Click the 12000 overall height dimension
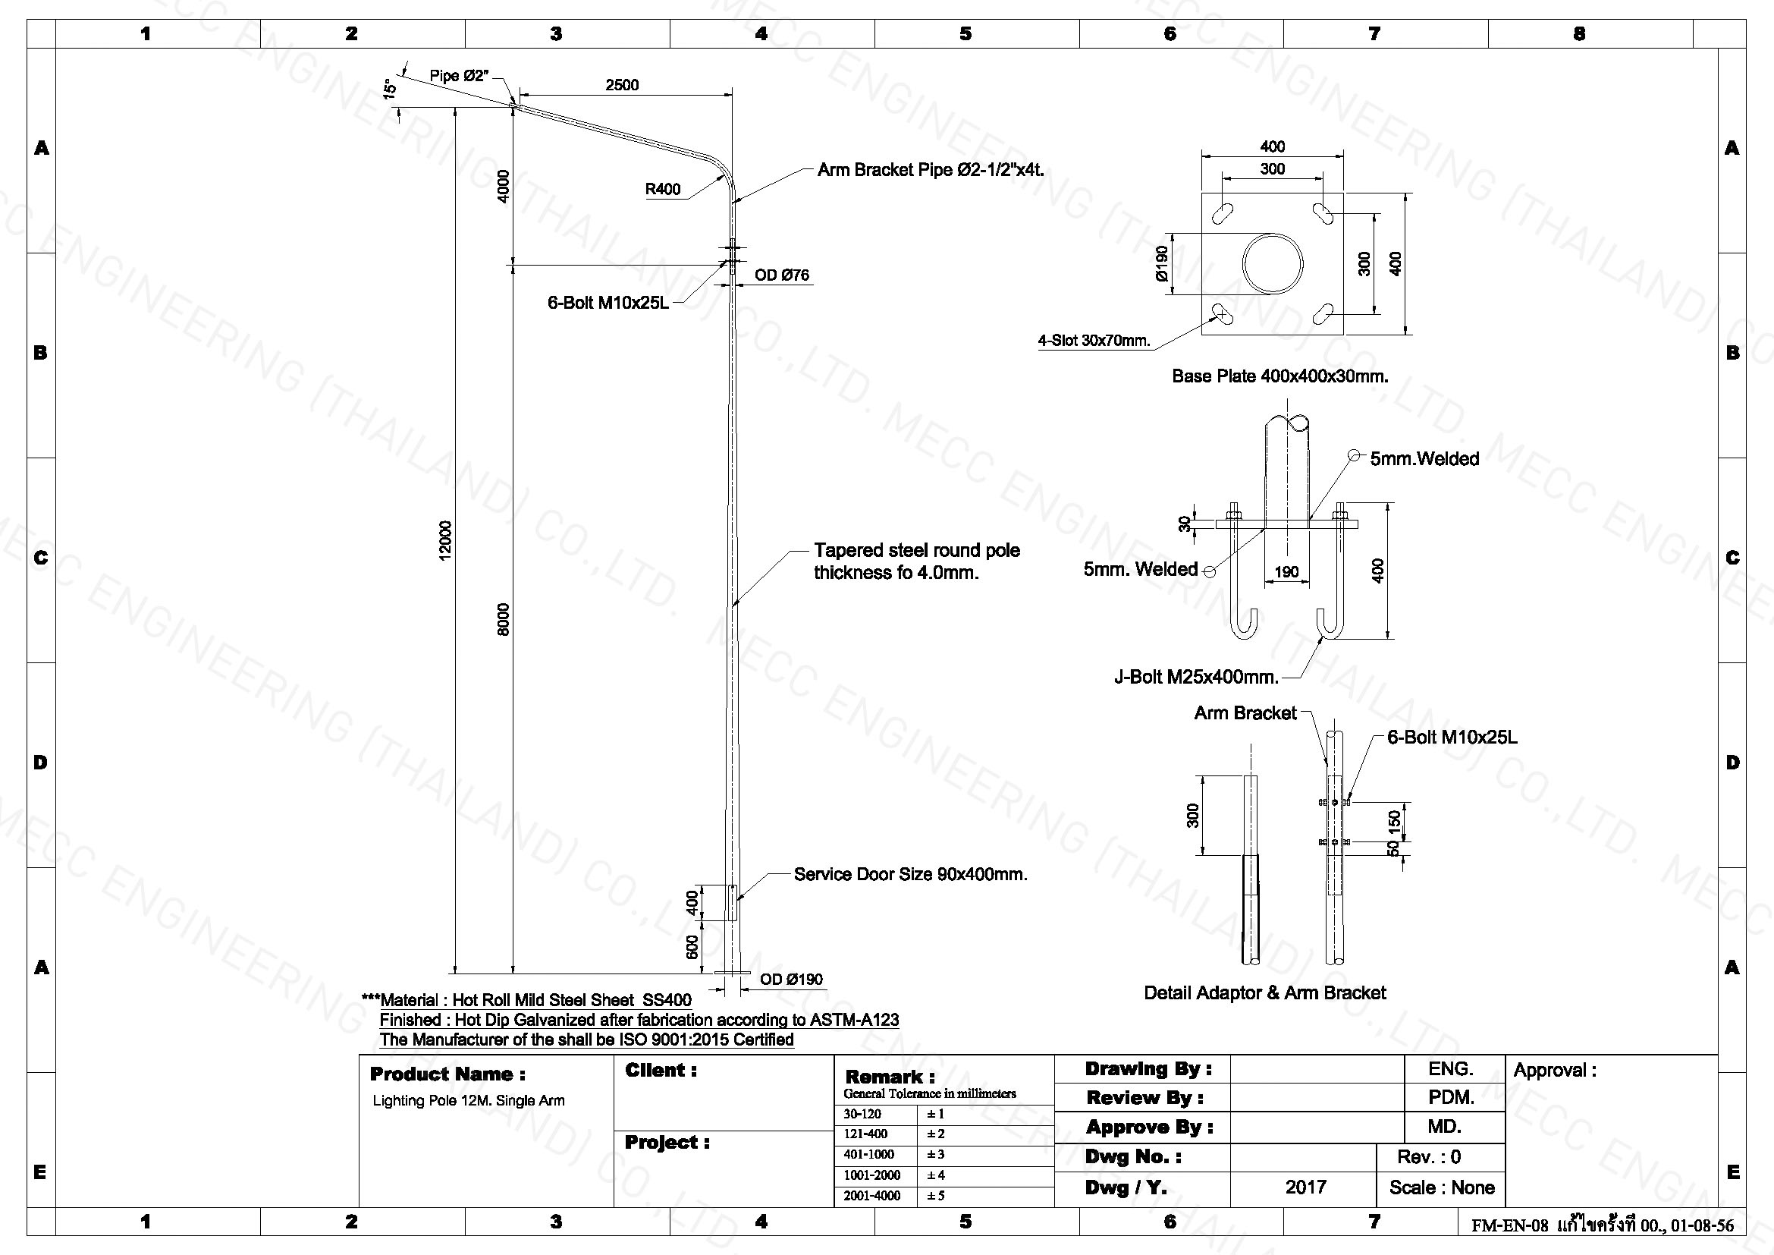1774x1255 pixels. click(444, 541)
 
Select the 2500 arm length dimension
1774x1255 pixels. click(622, 85)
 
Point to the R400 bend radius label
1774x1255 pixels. click(663, 190)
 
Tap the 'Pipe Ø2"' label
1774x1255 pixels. click(460, 76)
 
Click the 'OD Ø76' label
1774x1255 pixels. click(782, 275)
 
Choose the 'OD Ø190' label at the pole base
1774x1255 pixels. click(791, 980)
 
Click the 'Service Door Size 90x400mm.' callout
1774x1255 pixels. click(911, 875)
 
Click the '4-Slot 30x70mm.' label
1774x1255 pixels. click(1094, 341)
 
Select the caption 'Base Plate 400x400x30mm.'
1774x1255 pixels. click(1280, 376)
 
